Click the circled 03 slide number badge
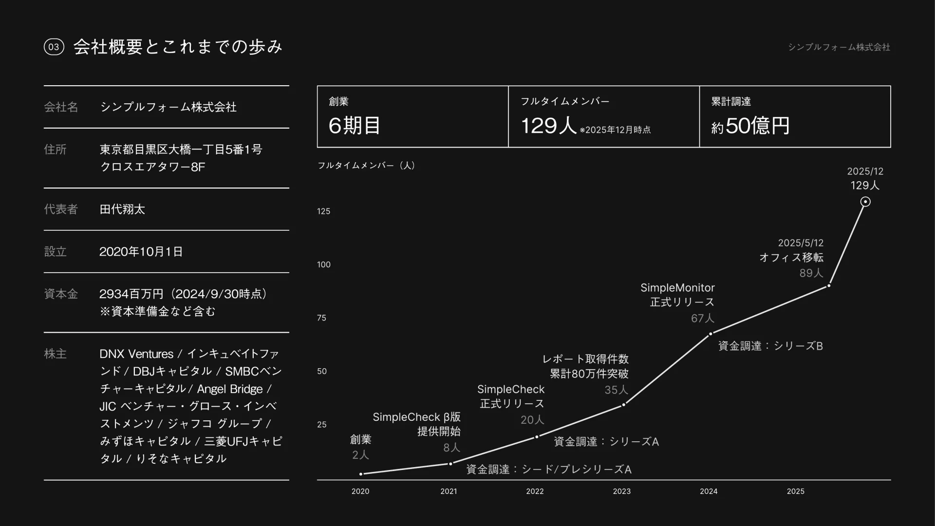54,47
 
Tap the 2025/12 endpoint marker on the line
865,202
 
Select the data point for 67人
711,334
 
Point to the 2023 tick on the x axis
621,491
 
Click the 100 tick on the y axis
324,264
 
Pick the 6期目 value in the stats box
355,126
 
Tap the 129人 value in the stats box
549,126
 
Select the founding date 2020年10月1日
141,252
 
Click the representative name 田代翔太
122,209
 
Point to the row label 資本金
61,294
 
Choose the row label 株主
55,354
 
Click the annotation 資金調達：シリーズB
770,346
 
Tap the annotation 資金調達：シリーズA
606,442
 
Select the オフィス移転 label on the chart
791,257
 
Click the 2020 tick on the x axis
360,491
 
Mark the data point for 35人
624,404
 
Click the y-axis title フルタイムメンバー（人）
366,166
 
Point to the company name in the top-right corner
839,47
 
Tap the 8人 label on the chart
451,448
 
